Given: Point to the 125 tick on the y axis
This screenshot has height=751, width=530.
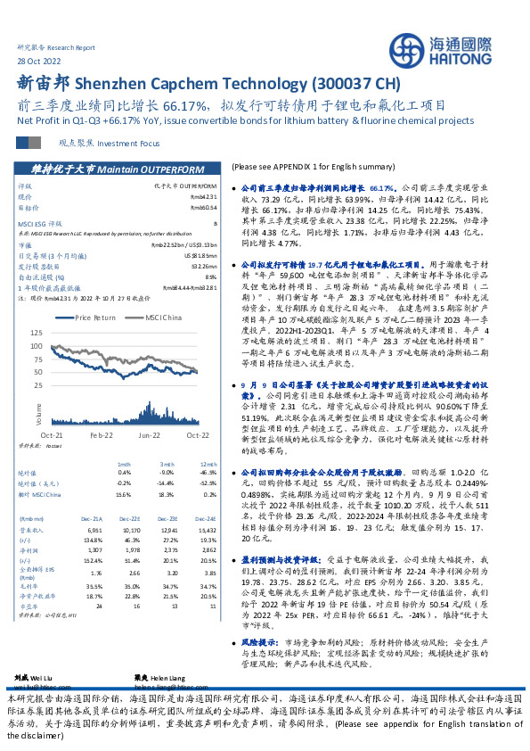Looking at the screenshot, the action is click(x=34, y=331).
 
